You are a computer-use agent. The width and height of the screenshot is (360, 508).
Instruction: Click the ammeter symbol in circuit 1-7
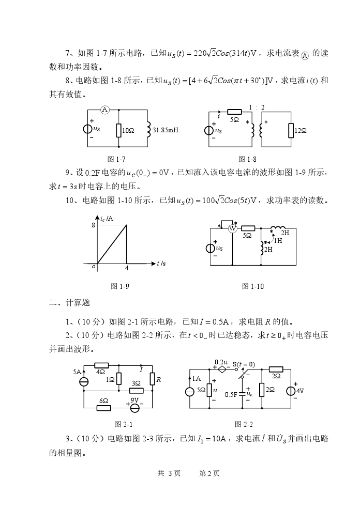[x=104, y=110]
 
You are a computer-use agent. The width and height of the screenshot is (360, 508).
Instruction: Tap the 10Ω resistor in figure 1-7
[x=119, y=130]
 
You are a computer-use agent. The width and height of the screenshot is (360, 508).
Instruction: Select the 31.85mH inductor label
[x=166, y=130]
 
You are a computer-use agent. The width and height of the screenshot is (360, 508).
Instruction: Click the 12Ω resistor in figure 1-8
[x=291, y=131]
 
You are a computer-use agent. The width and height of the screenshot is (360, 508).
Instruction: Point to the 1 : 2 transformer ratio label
[x=257, y=107]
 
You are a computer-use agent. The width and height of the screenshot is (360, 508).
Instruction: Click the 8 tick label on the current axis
[x=93, y=225]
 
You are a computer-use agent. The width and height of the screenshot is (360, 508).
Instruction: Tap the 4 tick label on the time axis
[x=127, y=269]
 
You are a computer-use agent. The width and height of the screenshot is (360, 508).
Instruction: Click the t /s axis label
[x=161, y=264]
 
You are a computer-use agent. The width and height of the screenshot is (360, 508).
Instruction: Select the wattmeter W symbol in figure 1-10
[x=232, y=228]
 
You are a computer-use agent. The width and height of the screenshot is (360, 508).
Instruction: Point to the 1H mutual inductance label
[x=278, y=240]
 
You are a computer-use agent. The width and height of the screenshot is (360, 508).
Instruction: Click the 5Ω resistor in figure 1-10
[x=248, y=228]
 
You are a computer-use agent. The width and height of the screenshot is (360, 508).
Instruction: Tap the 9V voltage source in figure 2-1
[x=134, y=408]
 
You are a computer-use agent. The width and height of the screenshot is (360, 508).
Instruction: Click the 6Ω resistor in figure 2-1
[x=104, y=408]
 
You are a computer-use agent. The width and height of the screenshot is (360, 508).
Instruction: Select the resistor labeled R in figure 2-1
[x=153, y=379]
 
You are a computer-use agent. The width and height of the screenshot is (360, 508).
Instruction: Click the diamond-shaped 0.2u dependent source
[x=222, y=370]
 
